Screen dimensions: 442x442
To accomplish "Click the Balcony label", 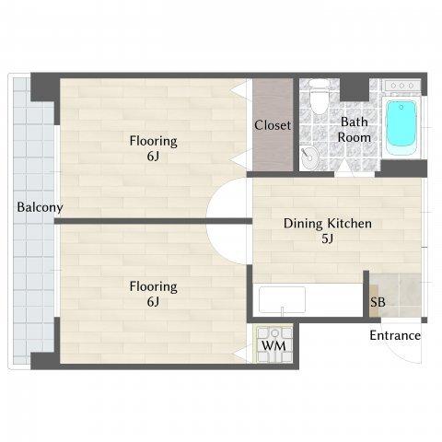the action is pyautogui.click(x=40, y=207).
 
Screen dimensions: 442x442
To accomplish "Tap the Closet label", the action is pyautogui.click(x=273, y=125).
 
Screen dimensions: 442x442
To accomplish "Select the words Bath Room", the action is pyautogui.click(x=355, y=130).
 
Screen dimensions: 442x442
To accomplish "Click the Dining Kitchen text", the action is pyautogui.click(x=328, y=224).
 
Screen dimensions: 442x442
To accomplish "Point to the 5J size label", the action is pyautogui.click(x=328, y=238).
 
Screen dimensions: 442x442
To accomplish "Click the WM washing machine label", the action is pyautogui.click(x=273, y=346).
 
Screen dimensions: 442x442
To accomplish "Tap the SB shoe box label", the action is pyautogui.click(x=378, y=302).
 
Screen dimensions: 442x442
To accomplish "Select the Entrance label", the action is pyautogui.click(x=395, y=335).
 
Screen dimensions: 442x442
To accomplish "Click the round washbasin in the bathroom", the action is pyautogui.click(x=309, y=158).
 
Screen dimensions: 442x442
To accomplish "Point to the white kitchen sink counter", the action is pyautogui.click(x=282, y=300).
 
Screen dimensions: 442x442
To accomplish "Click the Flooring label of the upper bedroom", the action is pyautogui.click(x=153, y=141).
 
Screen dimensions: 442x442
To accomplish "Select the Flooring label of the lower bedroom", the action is pyautogui.click(x=153, y=286).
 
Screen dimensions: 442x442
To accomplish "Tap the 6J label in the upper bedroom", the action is pyautogui.click(x=153, y=157).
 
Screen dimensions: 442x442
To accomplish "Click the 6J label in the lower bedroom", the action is pyautogui.click(x=153, y=302).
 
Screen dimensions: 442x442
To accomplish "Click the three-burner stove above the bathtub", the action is pyautogui.click(x=402, y=86).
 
